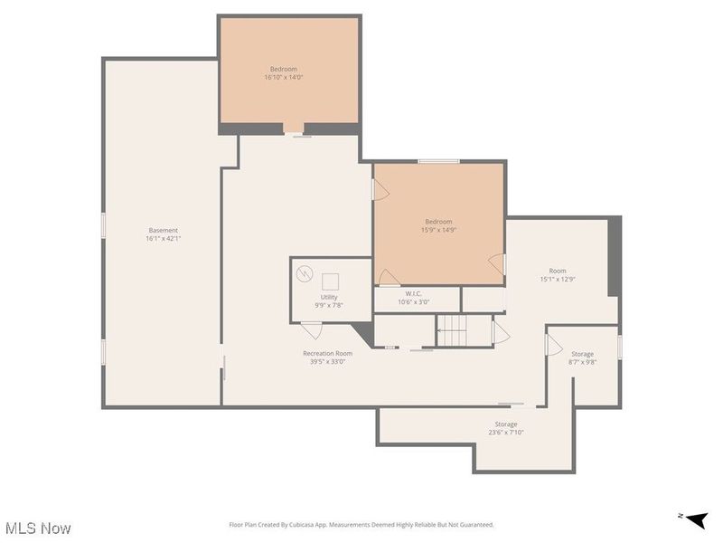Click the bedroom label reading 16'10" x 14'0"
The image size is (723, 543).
pos(283,73)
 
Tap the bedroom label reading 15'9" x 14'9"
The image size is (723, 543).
pos(438,225)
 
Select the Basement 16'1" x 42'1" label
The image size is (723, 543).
pos(164,234)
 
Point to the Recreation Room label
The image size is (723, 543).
pos(327,357)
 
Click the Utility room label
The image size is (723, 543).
pos(328,301)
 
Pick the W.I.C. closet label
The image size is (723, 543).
pos(414,298)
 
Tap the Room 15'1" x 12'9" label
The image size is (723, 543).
pos(558,274)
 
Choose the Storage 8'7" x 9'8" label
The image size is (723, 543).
pos(582,357)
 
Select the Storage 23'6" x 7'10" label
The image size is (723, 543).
pos(506,428)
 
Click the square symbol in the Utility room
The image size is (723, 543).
pos(330,280)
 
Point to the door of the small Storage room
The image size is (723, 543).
pos(554,347)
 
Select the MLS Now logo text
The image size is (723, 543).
pos(38,528)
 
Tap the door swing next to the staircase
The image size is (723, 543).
pos(500,335)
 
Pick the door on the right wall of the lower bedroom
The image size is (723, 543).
pos(496,262)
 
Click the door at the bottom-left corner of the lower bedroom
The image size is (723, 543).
pos(388,277)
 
